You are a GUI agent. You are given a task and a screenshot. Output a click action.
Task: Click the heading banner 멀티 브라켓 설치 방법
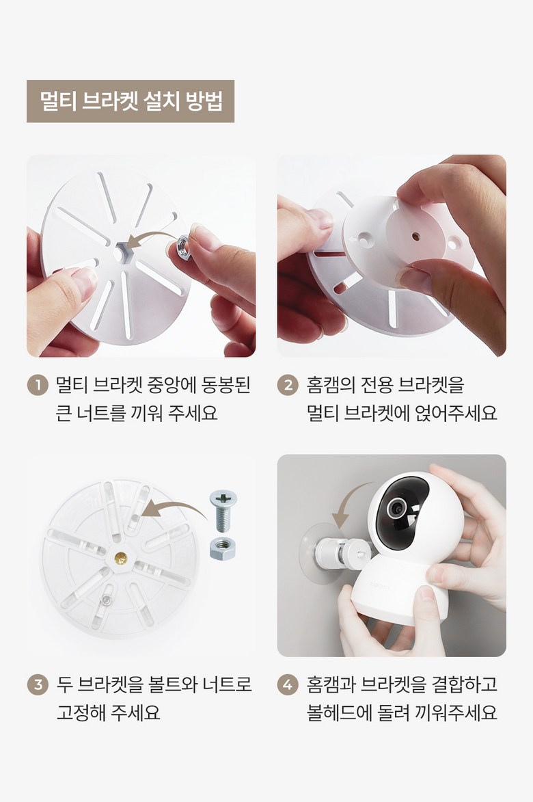[x=131, y=101]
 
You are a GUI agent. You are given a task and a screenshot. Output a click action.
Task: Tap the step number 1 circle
[x=38, y=385]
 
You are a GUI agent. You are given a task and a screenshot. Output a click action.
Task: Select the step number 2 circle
[x=288, y=385]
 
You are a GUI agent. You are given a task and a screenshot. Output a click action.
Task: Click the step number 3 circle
[x=38, y=684]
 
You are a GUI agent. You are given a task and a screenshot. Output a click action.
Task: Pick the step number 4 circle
[x=288, y=684]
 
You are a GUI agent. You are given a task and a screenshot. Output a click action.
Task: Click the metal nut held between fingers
[x=183, y=248]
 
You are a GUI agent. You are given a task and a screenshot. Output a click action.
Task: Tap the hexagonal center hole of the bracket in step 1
[x=122, y=253]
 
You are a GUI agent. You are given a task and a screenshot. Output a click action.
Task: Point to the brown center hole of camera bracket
[x=415, y=237]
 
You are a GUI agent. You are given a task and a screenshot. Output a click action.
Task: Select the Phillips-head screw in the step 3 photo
[x=223, y=509]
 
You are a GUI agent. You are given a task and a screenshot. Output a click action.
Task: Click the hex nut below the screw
[x=223, y=548]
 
